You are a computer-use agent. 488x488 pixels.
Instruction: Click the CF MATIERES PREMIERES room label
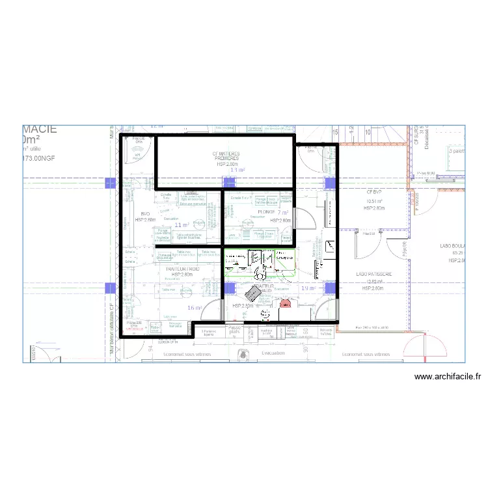(226, 157)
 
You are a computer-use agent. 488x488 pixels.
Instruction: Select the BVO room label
(145, 213)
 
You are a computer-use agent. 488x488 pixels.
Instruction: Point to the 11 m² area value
(182, 225)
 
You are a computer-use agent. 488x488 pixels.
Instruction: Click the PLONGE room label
(266, 212)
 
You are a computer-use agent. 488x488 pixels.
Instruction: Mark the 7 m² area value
(283, 212)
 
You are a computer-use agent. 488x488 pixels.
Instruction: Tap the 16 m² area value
(195, 308)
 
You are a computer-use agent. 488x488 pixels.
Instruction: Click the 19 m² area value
(308, 288)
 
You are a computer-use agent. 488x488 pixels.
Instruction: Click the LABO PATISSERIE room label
(374, 275)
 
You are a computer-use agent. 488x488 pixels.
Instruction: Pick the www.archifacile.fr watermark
(447, 377)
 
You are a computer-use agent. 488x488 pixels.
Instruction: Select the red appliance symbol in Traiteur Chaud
(284, 303)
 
